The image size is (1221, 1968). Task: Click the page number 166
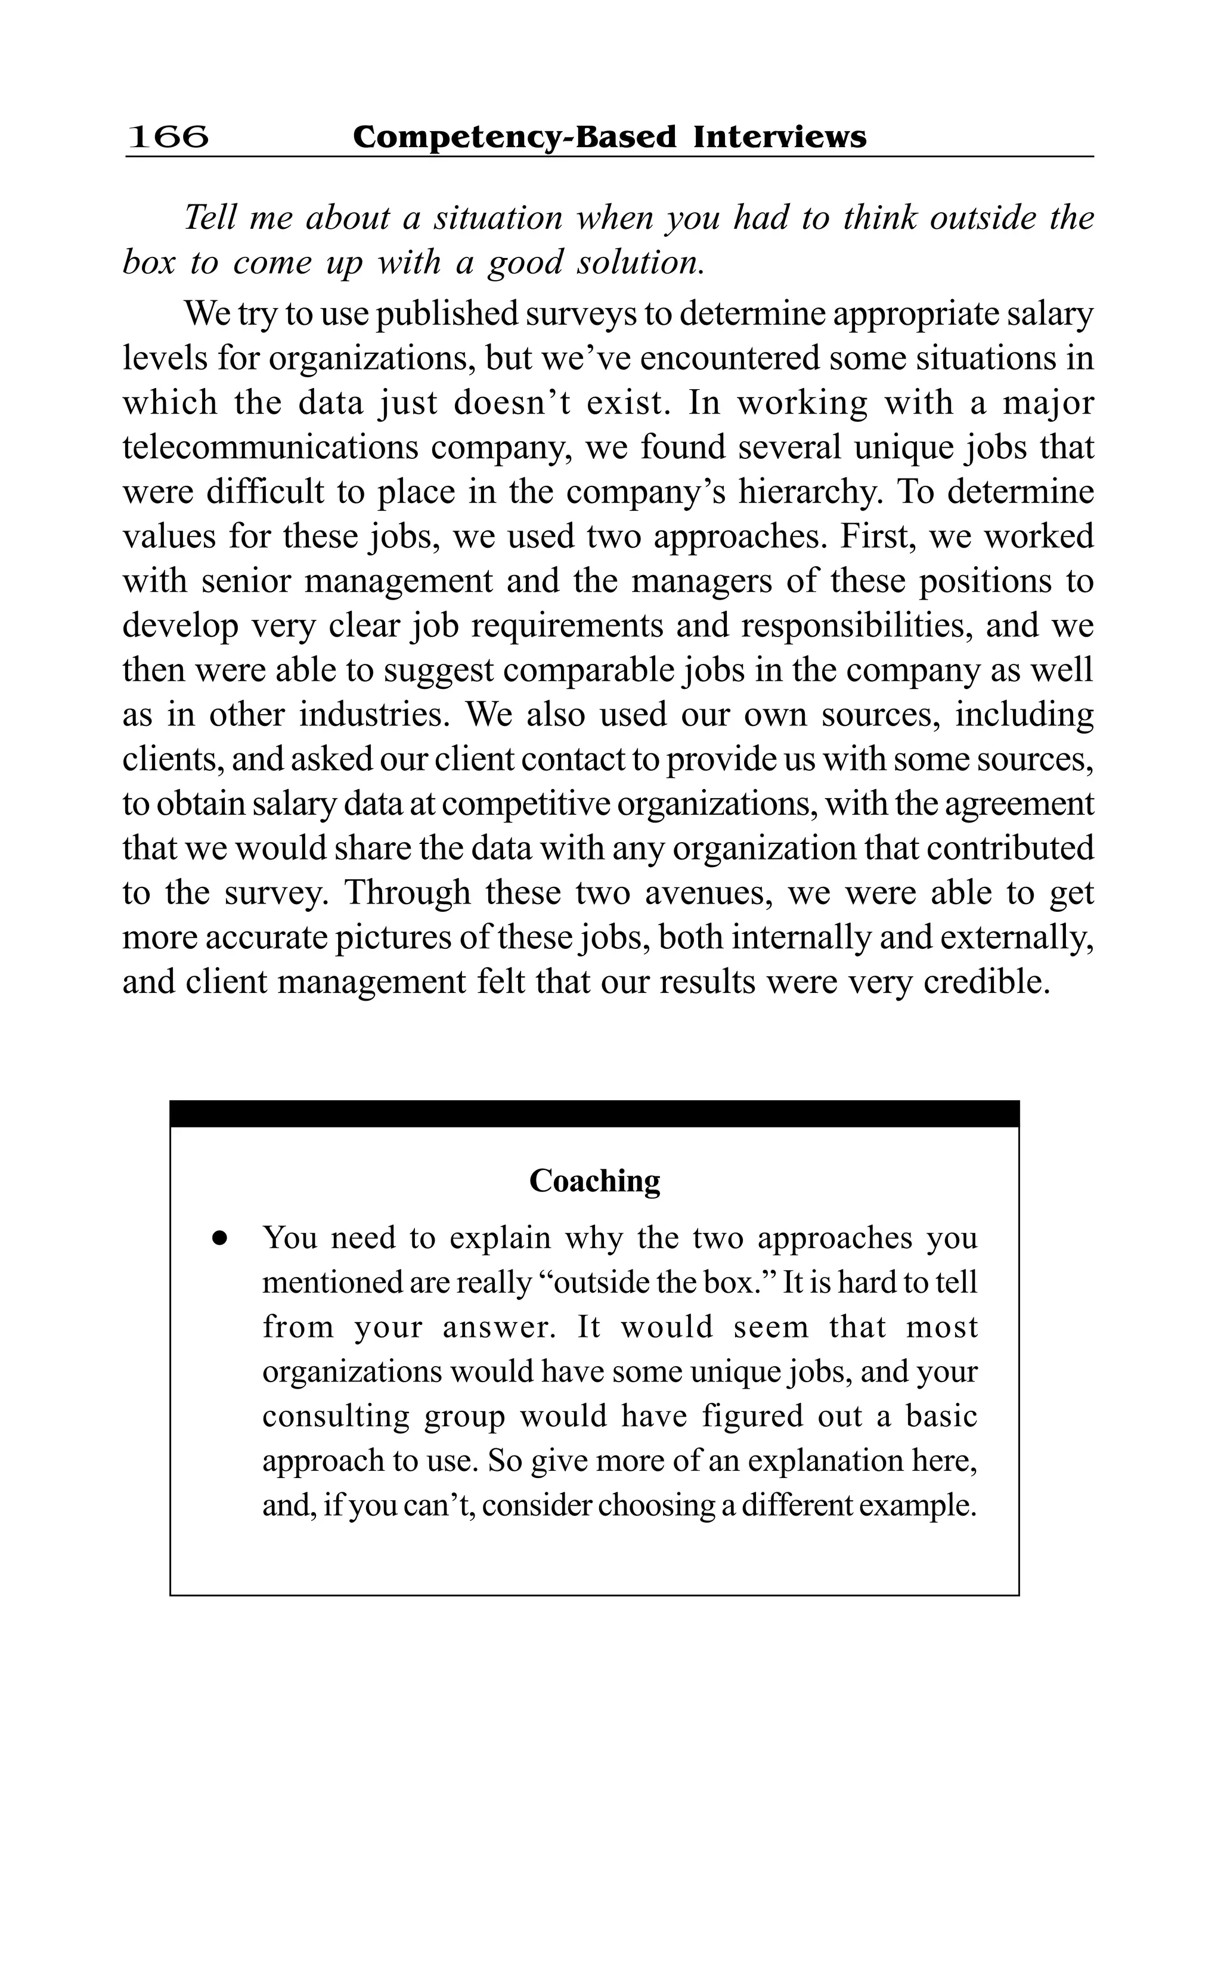168,136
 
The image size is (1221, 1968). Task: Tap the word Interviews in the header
779,136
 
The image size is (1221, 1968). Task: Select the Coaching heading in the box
594,1181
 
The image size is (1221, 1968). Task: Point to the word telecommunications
271,447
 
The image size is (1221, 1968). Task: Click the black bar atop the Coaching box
594,1113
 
